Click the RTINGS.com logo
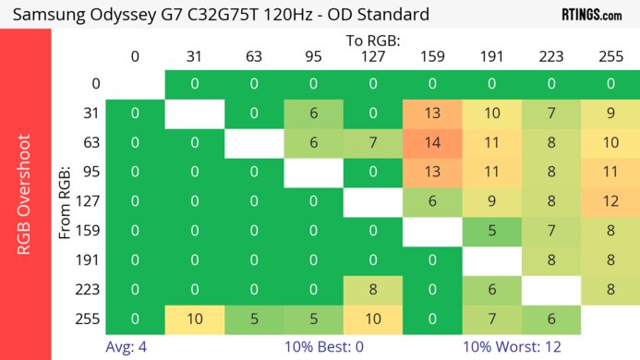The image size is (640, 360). [591, 15]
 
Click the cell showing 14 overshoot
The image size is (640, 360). [432, 143]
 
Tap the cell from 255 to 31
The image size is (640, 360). [195, 319]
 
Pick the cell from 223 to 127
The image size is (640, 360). [373, 290]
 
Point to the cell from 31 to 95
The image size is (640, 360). [313, 114]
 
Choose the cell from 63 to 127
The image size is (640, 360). [373, 143]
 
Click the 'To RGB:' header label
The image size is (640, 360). [372, 42]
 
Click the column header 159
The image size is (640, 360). [432, 57]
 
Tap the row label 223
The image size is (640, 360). [90, 290]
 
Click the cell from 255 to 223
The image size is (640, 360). [551, 319]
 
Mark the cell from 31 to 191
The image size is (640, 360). [491, 114]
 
